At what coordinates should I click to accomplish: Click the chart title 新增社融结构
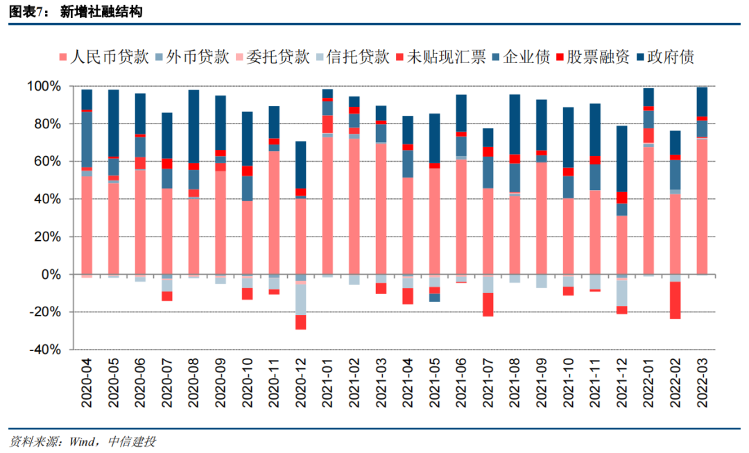click(102, 12)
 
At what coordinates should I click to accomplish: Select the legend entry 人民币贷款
click(105, 57)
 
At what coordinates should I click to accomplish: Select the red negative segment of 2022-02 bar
click(675, 300)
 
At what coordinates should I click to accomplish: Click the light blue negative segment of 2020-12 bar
click(301, 299)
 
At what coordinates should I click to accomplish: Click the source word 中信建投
click(132, 441)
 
